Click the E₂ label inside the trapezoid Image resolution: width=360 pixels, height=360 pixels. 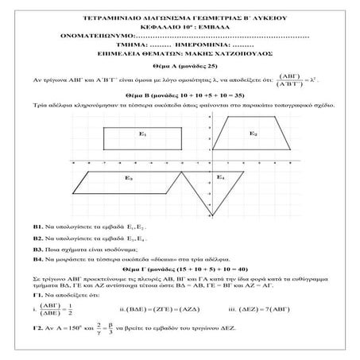click(x=253, y=134)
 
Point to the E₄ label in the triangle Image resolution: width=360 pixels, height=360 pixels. click(x=222, y=178)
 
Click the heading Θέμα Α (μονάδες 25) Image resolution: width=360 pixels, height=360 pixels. click(x=180, y=70)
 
